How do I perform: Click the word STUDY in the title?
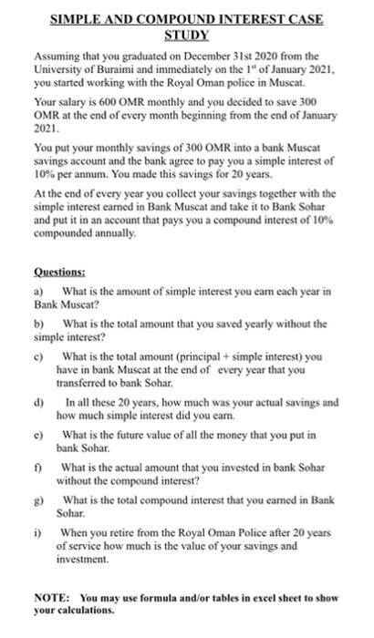pos(186,35)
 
